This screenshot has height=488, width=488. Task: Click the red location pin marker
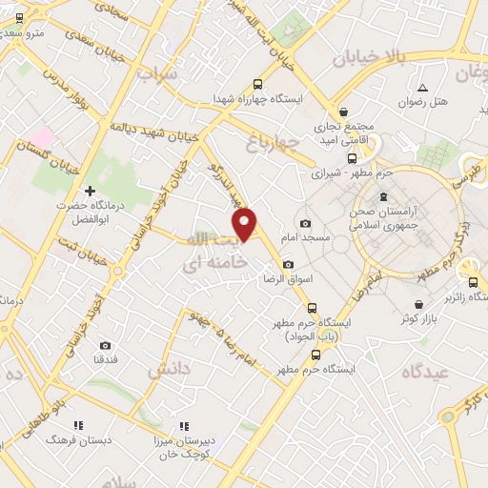click(245, 223)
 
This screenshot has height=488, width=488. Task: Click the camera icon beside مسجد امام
click(305, 224)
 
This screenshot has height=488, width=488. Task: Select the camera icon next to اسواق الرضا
click(288, 265)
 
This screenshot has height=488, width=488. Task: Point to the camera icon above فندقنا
click(105, 345)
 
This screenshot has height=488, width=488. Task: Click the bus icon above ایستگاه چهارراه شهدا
click(256, 83)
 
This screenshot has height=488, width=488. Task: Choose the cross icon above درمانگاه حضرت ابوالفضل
click(91, 191)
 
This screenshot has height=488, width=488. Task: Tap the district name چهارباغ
click(273, 143)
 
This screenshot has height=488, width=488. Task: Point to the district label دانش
click(170, 368)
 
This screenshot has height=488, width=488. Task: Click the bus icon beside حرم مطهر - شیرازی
click(352, 159)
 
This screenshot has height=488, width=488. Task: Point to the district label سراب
click(156, 72)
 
